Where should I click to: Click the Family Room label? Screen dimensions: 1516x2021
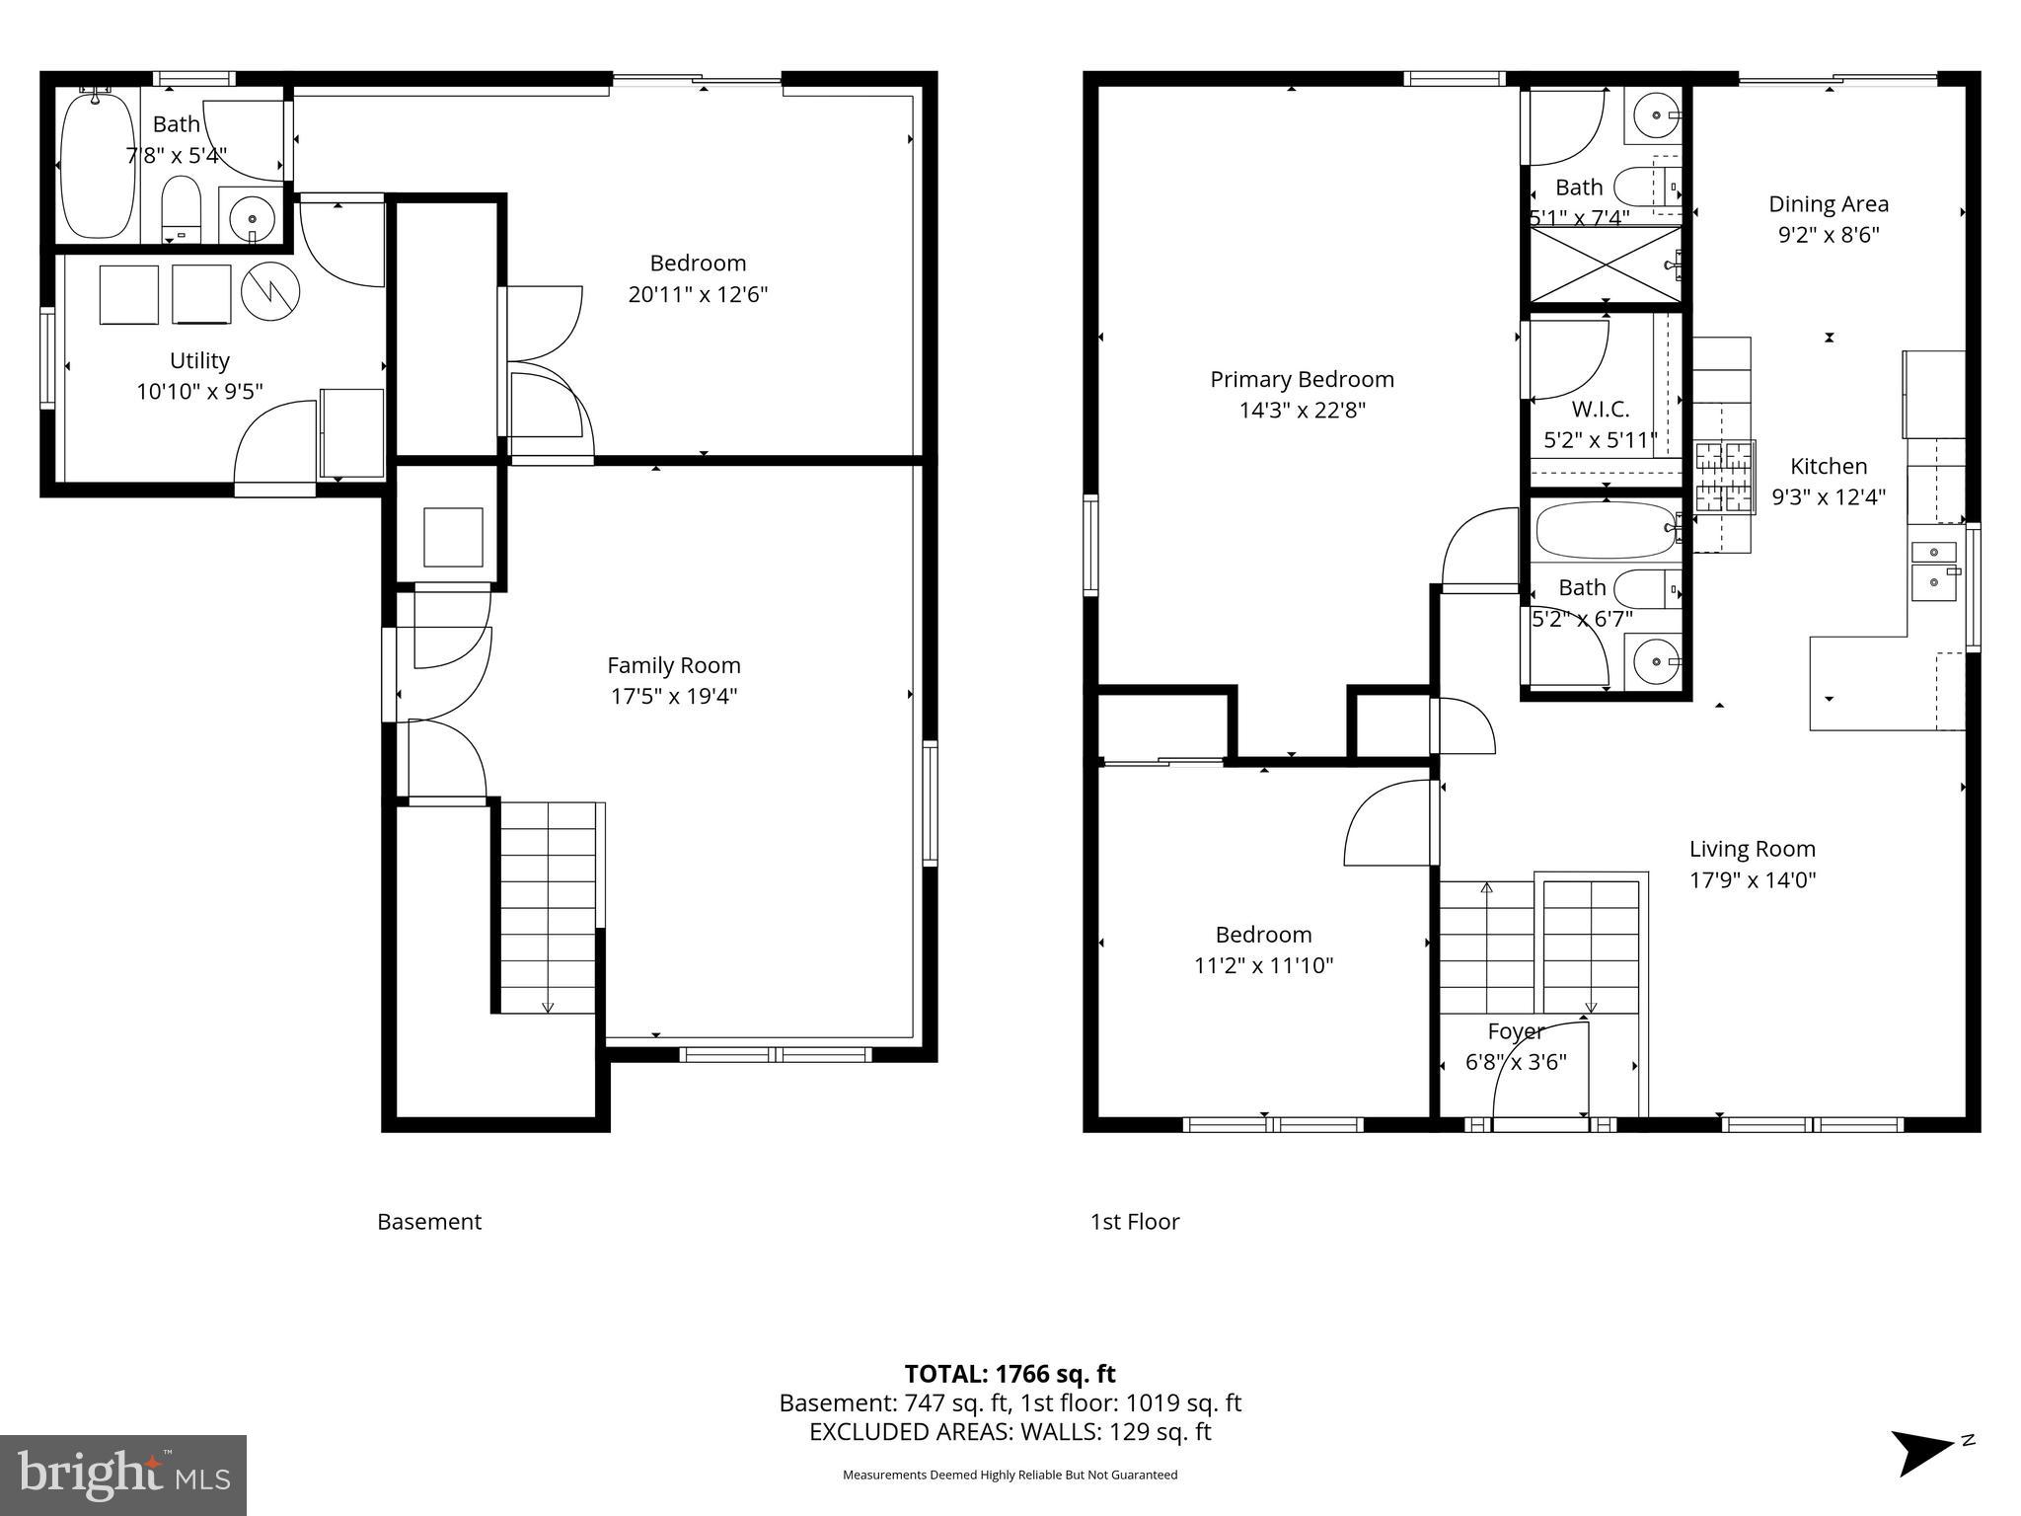pos(673,665)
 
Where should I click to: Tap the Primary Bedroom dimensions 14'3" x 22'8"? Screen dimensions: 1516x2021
pos(1302,410)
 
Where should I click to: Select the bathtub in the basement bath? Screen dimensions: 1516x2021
pos(97,163)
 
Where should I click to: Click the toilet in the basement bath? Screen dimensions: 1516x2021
pos(181,205)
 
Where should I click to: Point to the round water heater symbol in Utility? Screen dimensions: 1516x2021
pos(270,291)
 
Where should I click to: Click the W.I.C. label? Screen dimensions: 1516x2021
pos(1600,409)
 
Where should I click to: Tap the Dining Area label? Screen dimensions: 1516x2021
pos(1828,204)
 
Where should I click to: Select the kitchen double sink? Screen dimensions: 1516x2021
pos(1934,570)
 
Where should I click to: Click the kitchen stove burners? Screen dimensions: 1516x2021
pos(1725,477)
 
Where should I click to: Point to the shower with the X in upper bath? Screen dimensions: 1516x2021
pos(1605,264)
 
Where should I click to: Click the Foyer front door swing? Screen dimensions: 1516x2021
pos(1539,1071)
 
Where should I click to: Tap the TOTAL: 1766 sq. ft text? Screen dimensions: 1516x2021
pos(1010,1373)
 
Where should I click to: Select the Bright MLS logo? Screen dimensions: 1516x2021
pos(122,1475)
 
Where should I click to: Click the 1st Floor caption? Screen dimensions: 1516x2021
pos(1134,1222)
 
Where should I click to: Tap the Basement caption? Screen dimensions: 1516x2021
pos(429,1222)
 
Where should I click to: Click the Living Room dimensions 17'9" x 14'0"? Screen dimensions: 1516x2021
pos(1752,879)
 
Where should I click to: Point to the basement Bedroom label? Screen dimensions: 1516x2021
pos(697,264)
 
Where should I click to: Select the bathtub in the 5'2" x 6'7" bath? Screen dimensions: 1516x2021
pos(1605,529)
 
